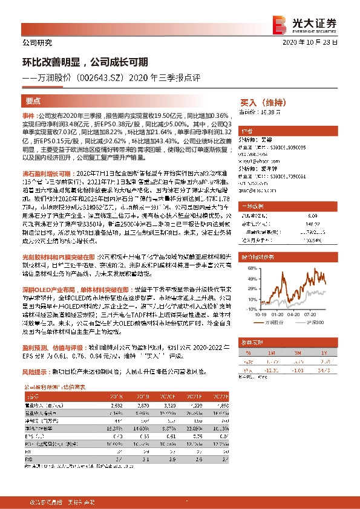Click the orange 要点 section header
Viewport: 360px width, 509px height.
click(33, 101)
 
